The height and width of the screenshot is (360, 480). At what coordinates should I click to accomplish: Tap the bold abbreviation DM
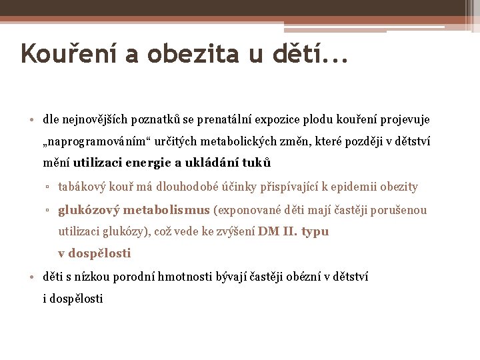(x=268, y=232)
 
